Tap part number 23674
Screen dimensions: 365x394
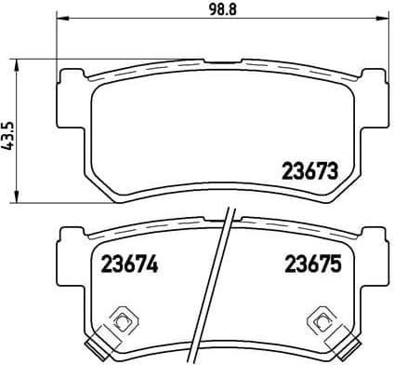[119, 264]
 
